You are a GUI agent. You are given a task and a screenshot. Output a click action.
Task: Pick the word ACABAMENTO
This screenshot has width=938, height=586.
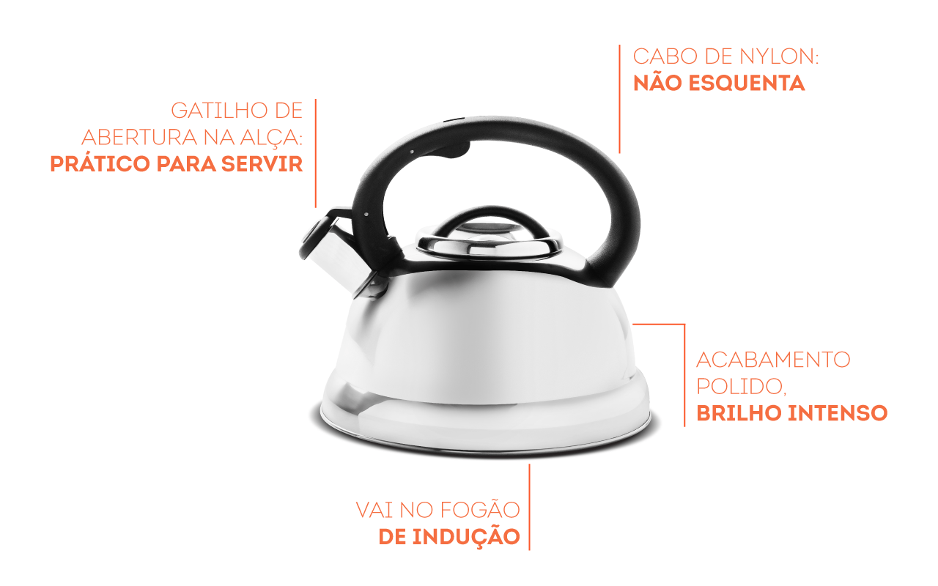coord(773,360)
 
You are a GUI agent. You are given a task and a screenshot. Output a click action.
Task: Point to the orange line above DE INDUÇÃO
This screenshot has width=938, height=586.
coord(529,505)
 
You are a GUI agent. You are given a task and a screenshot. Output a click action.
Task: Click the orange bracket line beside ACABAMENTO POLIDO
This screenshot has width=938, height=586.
coord(684,374)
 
